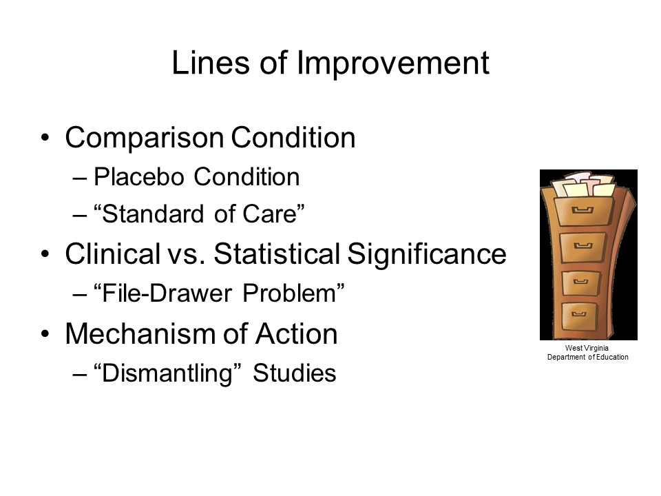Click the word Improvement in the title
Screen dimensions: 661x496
tap(393, 63)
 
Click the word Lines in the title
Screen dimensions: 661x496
tap(211, 63)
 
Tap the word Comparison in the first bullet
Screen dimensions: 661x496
tap(144, 138)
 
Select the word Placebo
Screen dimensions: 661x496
tap(138, 176)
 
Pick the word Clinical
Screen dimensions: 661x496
tap(112, 254)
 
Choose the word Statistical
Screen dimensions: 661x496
tap(277, 254)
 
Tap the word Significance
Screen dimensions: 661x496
tap(427, 255)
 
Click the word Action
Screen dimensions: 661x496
tap(296, 333)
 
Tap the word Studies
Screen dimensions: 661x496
tap(294, 373)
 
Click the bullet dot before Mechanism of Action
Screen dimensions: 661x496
tap(45, 333)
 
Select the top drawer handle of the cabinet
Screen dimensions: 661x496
tap(583, 209)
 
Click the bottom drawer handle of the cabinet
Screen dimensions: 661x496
tap(579, 314)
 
